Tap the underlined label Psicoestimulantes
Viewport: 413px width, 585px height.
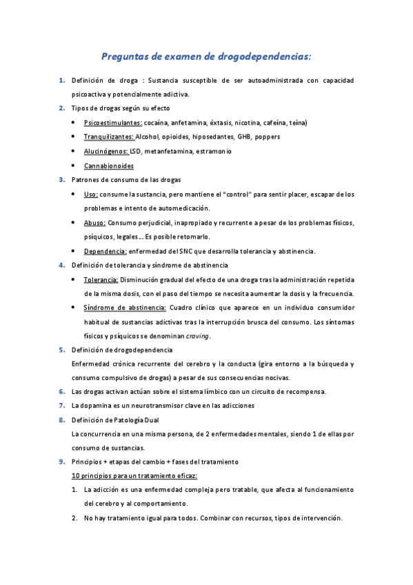[113, 123]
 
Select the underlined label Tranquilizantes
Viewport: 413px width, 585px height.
[108, 137]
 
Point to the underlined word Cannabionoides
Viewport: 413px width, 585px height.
[108, 166]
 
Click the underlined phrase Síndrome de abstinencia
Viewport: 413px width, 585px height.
[125, 308]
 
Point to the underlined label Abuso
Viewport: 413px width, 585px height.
[94, 223]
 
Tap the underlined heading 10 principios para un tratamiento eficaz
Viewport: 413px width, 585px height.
[134, 476]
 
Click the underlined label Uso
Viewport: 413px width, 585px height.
[91, 195]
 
